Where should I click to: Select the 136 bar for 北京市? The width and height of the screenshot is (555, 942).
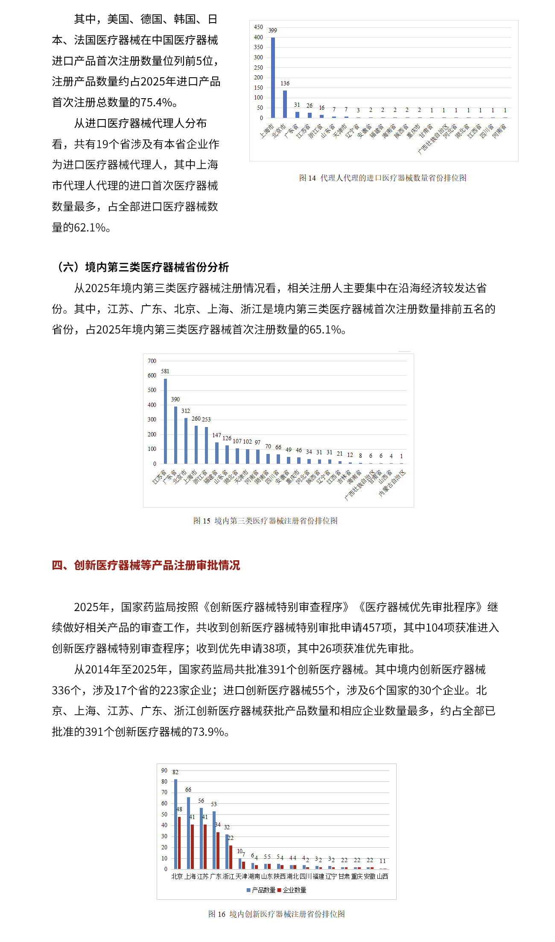click(x=285, y=104)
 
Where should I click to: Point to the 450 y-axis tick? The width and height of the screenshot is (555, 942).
click(x=258, y=27)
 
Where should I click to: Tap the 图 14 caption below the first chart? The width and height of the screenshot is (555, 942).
click(x=383, y=178)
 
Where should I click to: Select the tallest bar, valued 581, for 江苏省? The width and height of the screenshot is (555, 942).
click(x=165, y=421)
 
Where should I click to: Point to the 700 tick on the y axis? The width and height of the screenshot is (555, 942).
click(x=152, y=361)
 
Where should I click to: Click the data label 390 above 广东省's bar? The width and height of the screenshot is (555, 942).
click(x=175, y=399)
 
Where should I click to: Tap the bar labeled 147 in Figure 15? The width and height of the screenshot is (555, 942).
click(x=217, y=453)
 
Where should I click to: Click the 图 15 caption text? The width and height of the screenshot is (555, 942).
click(x=265, y=521)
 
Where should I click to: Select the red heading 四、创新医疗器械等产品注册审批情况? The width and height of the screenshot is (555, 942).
click(x=146, y=565)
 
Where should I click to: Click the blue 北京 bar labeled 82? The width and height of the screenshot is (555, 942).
click(x=175, y=824)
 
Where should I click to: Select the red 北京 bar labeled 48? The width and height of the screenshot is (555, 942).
click(x=179, y=843)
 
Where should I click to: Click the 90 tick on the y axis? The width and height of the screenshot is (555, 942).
click(x=164, y=770)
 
